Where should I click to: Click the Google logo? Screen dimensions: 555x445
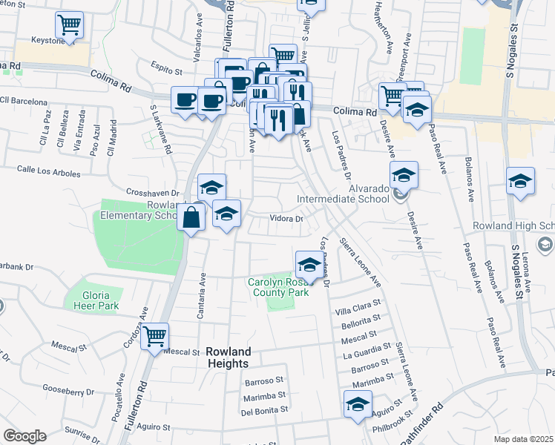pyautogui.click(x=24, y=436)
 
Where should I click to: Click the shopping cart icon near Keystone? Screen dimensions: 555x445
pyautogui.click(x=69, y=25)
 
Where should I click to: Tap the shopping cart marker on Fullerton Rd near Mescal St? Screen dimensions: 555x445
pyautogui.click(x=154, y=337)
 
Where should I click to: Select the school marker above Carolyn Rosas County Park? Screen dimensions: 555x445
pyautogui.click(x=309, y=263)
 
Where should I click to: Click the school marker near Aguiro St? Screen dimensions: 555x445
pyautogui.click(x=357, y=405)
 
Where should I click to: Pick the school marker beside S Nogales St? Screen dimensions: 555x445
pyautogui.click(x=520, y=181)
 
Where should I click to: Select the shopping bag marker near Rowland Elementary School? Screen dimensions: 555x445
pyautogui.click(x=191, y=218)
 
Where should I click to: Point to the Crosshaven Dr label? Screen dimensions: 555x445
pyautogui.click(x=154, y=192)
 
